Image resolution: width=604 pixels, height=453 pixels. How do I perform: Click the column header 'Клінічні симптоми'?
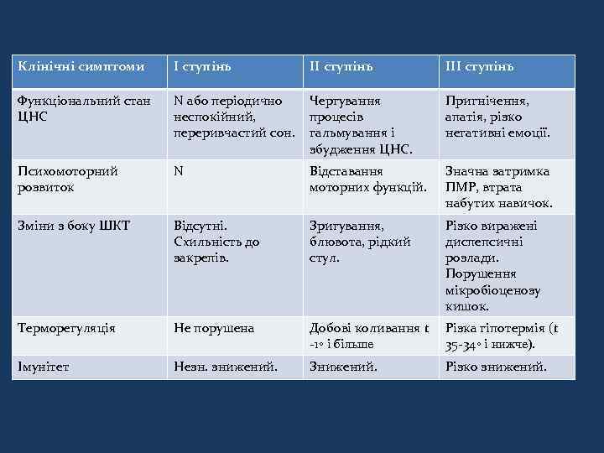(x=81, y=66)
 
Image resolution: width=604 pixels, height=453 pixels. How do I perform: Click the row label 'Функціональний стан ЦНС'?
(x=84, y=108)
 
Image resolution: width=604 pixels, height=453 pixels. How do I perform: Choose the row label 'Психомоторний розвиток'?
(x=68, y=180)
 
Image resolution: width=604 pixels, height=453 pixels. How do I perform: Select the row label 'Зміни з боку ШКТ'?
(x=75, y=226)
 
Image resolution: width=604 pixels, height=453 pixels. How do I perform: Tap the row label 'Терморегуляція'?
(x=66, y=329)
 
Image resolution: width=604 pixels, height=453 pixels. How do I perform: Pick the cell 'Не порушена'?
(x=214, y=329)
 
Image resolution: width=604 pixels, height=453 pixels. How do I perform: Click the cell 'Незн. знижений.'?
(x=226, y=366)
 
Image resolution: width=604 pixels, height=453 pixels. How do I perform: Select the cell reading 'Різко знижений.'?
(x=496, y=366)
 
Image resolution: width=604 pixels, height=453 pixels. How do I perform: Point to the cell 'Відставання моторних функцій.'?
(x=369, y=180)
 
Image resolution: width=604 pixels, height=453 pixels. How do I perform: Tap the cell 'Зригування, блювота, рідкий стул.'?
(x=360, y=242)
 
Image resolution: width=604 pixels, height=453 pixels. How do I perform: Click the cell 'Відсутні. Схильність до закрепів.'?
(x=216, y=242)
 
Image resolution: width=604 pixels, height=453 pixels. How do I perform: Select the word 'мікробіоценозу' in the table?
(x=493, y=290)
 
